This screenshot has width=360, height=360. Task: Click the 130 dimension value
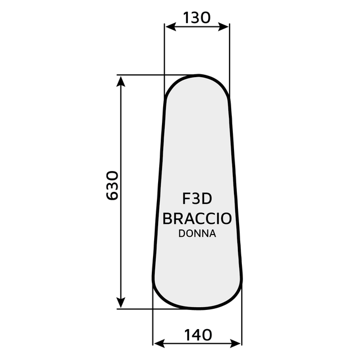click(196, 17)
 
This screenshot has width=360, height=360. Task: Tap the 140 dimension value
click(197, 335)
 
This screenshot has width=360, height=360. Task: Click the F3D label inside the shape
click(196, 200)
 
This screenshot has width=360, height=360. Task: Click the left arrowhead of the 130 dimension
click(168, 26)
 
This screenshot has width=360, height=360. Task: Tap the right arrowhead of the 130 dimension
click(225, 26)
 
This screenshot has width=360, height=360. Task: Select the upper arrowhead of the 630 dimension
click(120, 80)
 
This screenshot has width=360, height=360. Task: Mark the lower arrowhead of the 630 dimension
click(120, 303)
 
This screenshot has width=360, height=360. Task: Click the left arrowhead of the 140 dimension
click(158, 343)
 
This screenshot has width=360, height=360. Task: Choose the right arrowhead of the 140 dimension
click(237, 343)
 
